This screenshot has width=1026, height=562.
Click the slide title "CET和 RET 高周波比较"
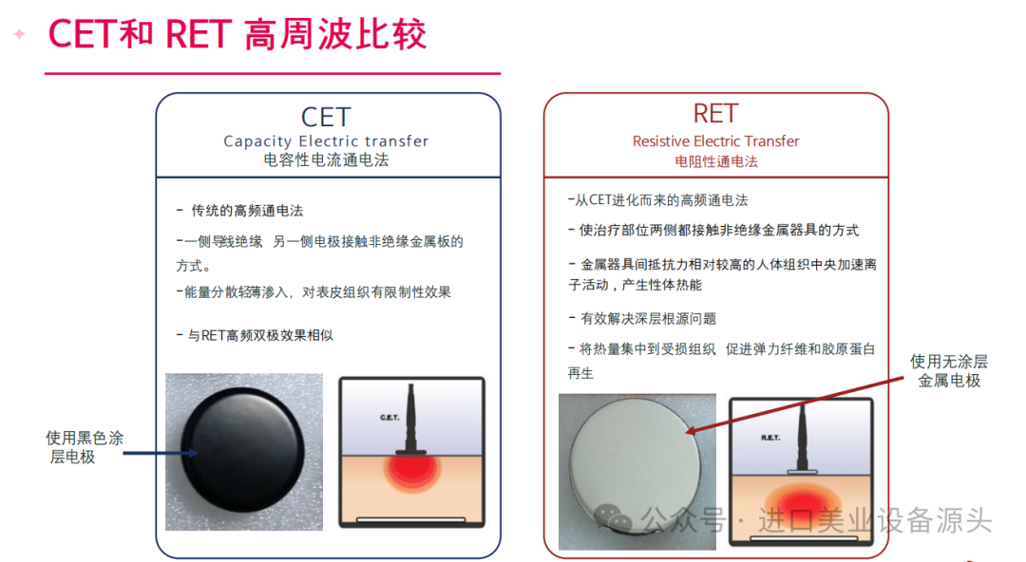pos(237,35)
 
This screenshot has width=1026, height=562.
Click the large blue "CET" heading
pos(326,117)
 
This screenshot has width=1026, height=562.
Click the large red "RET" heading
pos(716,114)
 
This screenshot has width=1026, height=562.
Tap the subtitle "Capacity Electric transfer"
pos(326,141)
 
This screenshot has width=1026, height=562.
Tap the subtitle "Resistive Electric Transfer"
pos(716,141)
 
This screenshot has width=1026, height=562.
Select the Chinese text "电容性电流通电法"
pos(326,160)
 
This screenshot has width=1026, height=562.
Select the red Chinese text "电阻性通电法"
pos(716,161)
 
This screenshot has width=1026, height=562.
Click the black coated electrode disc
pos(243,449)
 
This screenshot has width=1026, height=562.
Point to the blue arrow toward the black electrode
pos(161,453)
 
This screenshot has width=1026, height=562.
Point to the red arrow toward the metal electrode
pos(794,405)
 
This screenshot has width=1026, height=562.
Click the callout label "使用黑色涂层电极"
pos(84,447)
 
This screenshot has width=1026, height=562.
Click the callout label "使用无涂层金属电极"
pos(949,371)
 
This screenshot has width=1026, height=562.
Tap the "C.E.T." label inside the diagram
pos(389,418)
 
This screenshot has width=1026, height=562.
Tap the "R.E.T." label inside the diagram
pos(770,438)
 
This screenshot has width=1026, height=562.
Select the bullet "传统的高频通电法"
pos(240,211)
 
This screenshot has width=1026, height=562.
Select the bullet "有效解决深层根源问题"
pos(642,319)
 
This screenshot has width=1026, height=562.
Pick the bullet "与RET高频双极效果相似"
pos(255,336)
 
